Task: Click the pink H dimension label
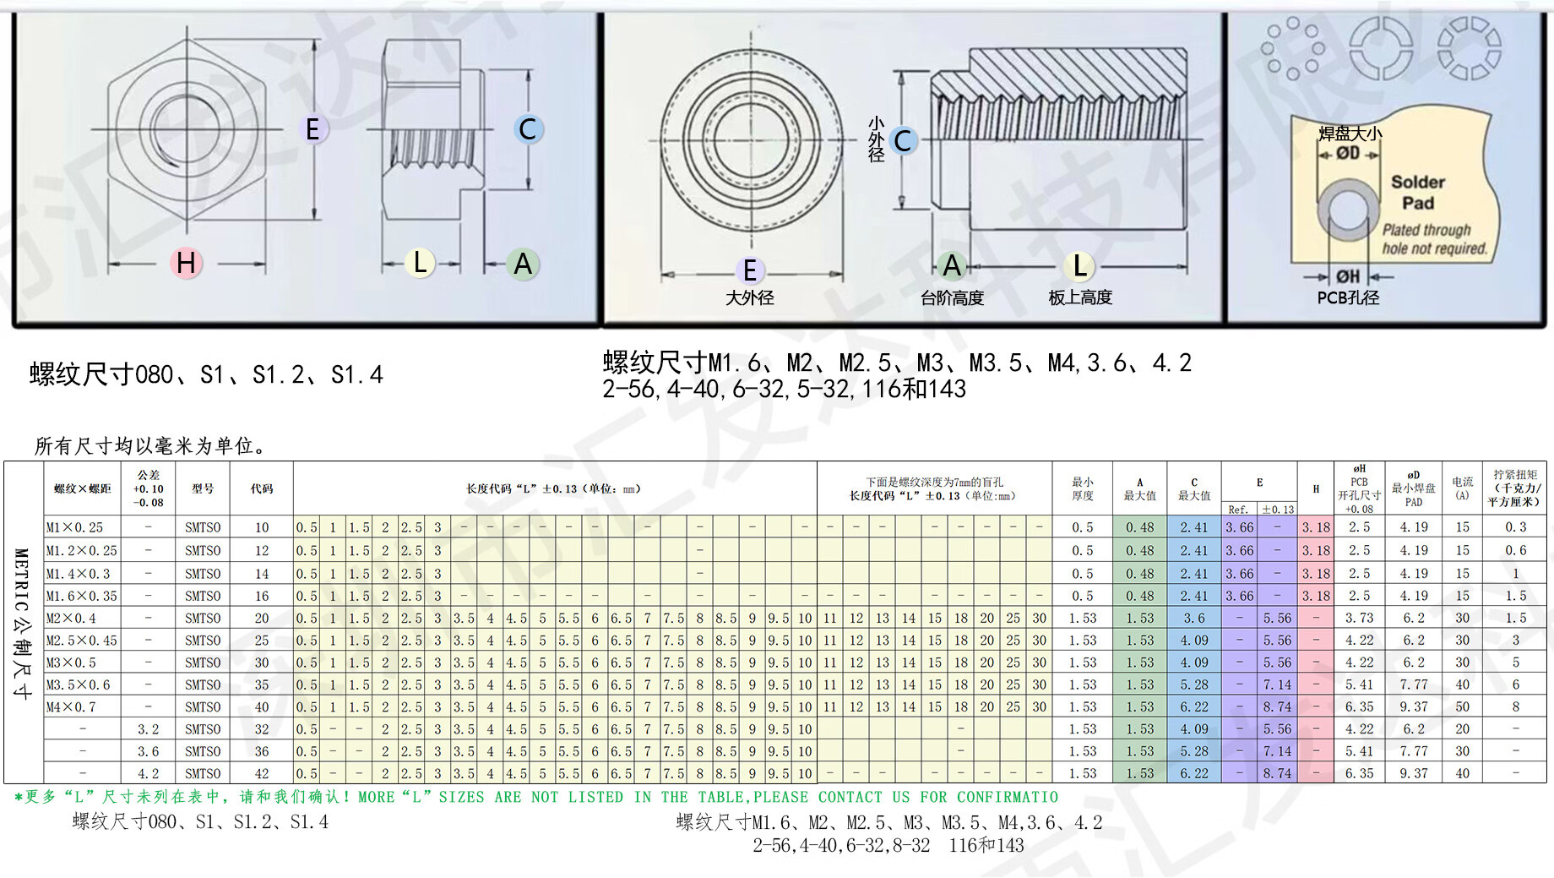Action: (186, 264)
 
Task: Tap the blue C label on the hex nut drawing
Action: (528, 129)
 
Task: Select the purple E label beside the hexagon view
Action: (312, 129)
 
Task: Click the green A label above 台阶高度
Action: (952, 266)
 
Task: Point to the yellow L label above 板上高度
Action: (1079, 266)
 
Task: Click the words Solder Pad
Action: (1418, 193)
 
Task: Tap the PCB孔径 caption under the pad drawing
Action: (1348, 297)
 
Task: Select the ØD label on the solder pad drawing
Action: (1348, 153)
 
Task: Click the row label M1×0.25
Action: (74, 527)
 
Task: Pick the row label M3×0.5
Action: (71, 663)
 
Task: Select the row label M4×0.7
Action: (71, 706)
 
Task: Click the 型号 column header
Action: (203, 488)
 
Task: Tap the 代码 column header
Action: (262, 488)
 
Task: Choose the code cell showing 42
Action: (262, 773)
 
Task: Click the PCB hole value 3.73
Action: (1360, 619)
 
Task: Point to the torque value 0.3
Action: (1516, 527)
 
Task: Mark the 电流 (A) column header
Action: (1463, 488)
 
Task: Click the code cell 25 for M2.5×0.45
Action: (262, 641)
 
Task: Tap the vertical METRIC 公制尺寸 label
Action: (23, 624)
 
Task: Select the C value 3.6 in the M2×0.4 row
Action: (1194, 619)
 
